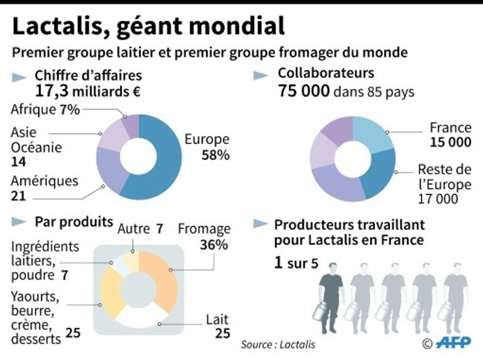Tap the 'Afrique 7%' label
click(45, 110)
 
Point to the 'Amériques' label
click(44, 181)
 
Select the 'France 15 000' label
click(450, 135)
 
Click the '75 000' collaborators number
click(304, 91)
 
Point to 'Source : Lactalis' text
click(278, 345)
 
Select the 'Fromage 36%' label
click(204, 237)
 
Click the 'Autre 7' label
click(140, 228)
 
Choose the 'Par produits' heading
click(74, 222)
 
